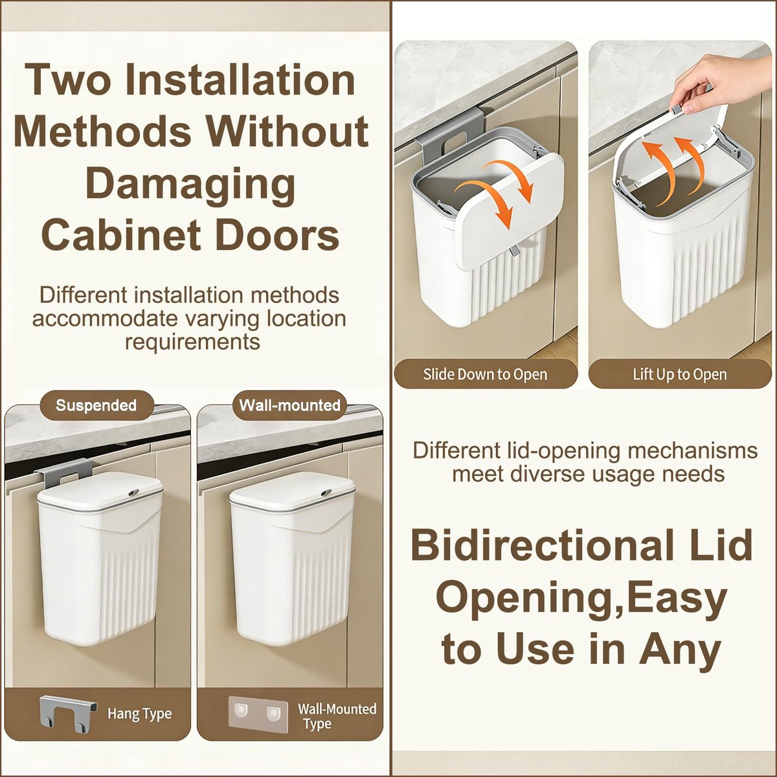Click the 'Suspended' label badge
click(x=96, y=405)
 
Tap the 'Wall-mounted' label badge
click(x=289, y=405)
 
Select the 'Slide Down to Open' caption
click(x=486, y=374)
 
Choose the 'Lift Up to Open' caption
click(x=680, y=374)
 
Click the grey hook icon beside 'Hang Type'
click(x=69, y=714)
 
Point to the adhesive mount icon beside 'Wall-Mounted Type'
click(x=258, y=715)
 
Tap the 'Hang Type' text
click(x=139, y=714)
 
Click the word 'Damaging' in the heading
click(x=190, y=183)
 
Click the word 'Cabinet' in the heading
click(x=121, y=236)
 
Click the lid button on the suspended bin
click(x=133, y=493)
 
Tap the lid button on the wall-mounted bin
click(x=326, y=493)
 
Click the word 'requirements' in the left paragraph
click(x=192, y=343)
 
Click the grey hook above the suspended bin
click(x=60, y=473)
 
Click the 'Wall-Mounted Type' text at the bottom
click(x=337, y=715)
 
